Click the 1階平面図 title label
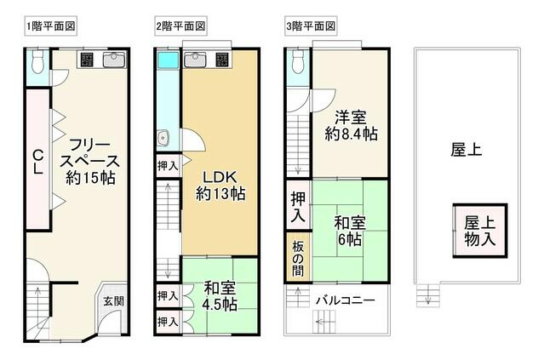51,26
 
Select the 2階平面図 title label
181,26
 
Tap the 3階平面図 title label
311,26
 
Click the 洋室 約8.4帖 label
349,125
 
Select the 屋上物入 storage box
480,230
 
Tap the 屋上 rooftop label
466,150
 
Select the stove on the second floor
221,60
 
